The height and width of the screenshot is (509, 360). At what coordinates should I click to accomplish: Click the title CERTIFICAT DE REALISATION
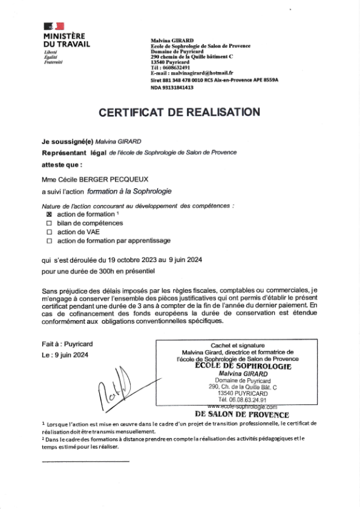tap(179, 112)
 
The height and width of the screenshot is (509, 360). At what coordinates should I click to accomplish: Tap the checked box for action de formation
tap(50, 214)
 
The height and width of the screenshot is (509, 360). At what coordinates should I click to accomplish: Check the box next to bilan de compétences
tap(50, 223)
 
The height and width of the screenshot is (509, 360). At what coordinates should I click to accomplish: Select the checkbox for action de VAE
tap(50, 231)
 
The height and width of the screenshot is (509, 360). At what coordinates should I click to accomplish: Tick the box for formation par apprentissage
tap(50, 240)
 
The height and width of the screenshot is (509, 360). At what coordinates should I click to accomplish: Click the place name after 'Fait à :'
tap(76, 344)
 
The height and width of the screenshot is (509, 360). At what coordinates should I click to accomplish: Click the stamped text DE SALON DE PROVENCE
tap(242, 415)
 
